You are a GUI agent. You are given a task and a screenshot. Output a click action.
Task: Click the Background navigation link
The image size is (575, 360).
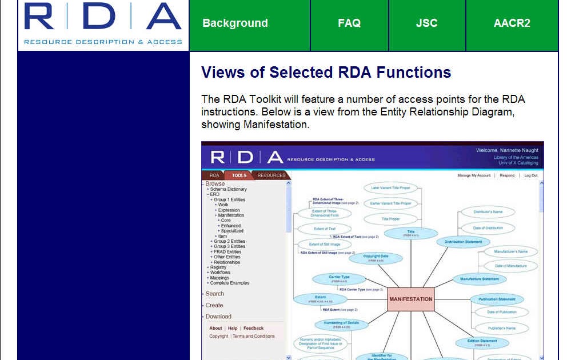click(x=235, y=23)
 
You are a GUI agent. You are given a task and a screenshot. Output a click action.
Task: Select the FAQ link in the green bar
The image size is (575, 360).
click(x=349, y=23)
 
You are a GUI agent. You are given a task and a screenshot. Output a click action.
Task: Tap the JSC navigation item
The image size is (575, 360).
click(x=426, y=23)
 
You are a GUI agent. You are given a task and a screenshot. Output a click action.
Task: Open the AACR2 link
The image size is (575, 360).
click(x=512, y=23)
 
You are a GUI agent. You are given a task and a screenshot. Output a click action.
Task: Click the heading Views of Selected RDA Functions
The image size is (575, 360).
click(x=326, y=73)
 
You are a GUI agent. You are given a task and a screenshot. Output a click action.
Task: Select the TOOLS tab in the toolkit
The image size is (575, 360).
click(x=239, y=175)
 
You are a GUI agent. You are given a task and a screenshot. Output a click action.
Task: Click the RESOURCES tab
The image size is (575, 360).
click(x=271, y=175)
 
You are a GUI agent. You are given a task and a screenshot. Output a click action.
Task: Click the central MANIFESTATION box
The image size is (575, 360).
click(x=410, y=299)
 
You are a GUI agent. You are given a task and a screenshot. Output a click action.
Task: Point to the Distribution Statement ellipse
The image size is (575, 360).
click(x=464, y=242)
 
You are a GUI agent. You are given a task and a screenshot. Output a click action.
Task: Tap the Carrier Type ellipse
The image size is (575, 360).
click(x=339, y=278)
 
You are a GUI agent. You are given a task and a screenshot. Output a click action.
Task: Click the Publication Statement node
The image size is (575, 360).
click(x=497, y=299)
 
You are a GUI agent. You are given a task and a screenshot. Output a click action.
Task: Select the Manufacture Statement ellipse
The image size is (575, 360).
click(x=480, y=279)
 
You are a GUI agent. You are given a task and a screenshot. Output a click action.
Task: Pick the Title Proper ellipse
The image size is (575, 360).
click(x=390, y=219)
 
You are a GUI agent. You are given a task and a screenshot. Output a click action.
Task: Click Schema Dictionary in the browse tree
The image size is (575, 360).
click(x=228, y=189)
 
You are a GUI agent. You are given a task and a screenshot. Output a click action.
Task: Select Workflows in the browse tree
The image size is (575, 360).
click(x=220, y=273)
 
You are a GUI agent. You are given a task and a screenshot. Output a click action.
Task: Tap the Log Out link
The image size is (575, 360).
click(x=530, y=175)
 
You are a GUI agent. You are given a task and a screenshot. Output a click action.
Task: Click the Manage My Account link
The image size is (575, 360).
click(x=474, y=175)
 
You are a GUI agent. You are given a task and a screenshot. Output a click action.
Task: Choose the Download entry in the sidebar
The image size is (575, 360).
click(x=218, y=317)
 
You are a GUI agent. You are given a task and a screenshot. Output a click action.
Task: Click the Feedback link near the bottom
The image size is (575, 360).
click(x=253, y=329)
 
